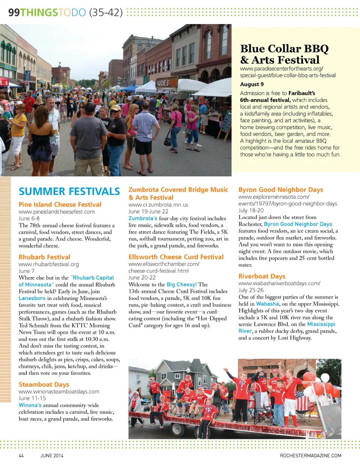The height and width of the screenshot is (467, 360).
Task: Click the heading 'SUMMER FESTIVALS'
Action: [69, 191]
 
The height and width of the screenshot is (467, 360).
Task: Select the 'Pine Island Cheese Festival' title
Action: [60, 204]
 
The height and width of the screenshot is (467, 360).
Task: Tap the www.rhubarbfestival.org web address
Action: [49, 264]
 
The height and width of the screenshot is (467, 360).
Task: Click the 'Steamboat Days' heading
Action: [44, 384]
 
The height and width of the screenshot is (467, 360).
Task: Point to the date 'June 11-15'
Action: [32, 398]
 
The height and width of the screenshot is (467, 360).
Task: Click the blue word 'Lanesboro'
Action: [32, 298]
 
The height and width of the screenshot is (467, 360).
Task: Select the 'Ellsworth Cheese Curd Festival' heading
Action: [176, 257]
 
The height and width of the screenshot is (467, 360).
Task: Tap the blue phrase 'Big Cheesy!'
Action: [181, 284]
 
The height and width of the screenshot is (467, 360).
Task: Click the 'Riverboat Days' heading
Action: [262, 276]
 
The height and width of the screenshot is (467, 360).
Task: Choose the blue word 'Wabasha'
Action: [267, 304]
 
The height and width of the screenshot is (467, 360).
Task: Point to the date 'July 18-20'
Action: [251, 210]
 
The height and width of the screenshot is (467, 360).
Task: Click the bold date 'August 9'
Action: [252, 84]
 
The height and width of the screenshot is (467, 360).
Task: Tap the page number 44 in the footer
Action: [21, 456]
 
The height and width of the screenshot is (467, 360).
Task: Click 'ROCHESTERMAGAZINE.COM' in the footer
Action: [310, 456]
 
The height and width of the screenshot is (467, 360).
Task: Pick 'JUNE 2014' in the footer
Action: [52, 456]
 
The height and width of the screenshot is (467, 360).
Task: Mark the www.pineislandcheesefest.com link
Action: [57, 212]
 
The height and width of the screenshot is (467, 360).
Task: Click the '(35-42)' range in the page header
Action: [106, 12]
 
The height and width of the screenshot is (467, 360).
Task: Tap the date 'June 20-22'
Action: [142, 278]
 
